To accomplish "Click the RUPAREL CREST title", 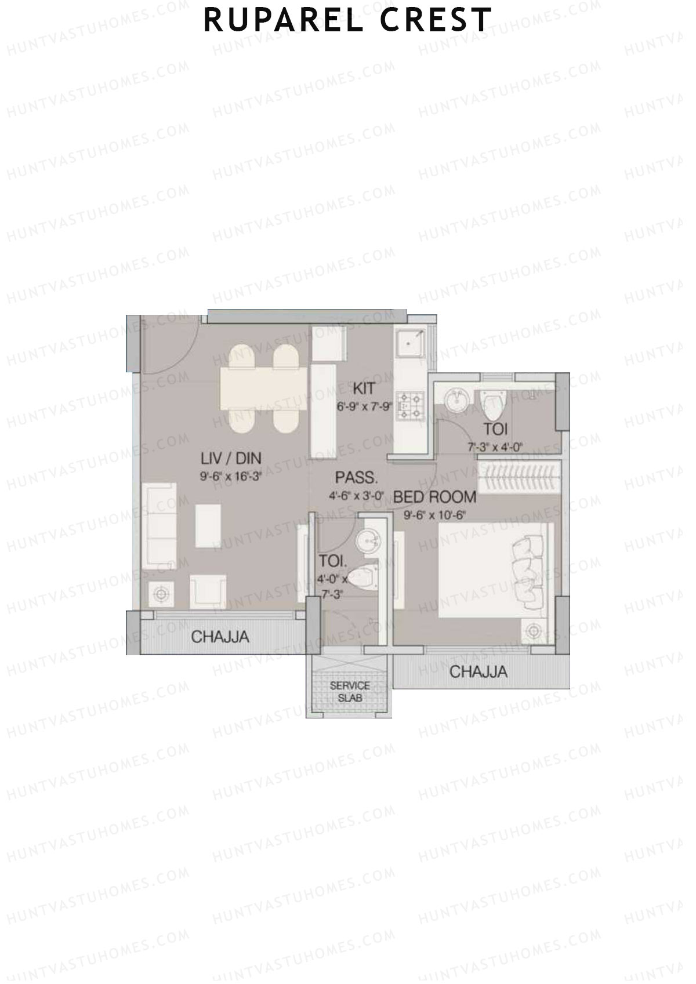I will pyautogui.click(x=347, y=20).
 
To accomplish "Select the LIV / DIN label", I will pyautogui.click(x=230, y=459).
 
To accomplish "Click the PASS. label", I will pyautogui.click(x=356, y=478).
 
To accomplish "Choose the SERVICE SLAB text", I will pyautogui.click(x=349, y=692).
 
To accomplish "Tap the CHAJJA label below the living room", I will pyautogui.click(x=220, y=637).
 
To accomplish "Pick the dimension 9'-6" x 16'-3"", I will pyautogui.click(x=230, y=478).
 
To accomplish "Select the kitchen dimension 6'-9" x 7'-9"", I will pyautogui.click(x=365, y=407).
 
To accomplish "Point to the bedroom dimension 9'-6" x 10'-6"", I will pyautogui.click(x=435, y=514).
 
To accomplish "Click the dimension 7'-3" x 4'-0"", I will pyautogui.click(x=495, y=447).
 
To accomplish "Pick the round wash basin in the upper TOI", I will pyautogui.click(x=458, y=400).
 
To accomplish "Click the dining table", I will pyautogui.click(x=262, y=389).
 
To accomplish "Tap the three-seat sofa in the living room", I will pyautogui.click(x=159, y=525).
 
